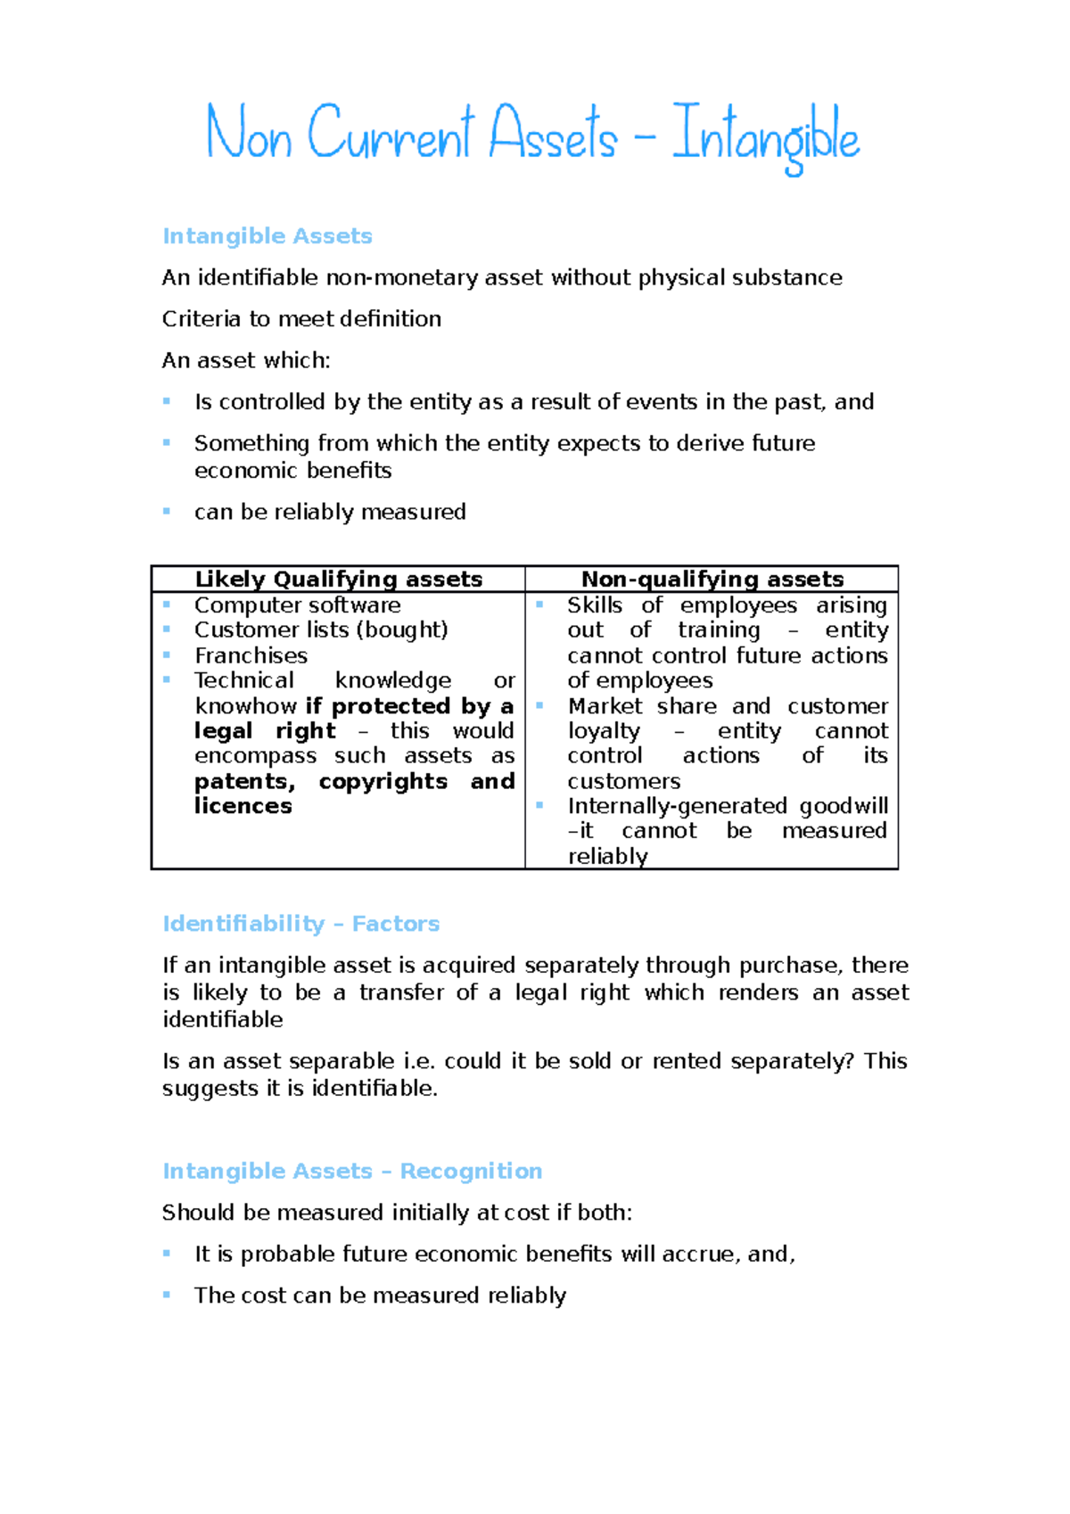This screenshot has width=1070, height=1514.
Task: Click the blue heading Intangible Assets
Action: pos(267,236)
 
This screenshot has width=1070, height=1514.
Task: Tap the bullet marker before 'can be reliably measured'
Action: pos(167,511)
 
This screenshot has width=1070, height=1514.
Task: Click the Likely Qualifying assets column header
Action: pos(338,580)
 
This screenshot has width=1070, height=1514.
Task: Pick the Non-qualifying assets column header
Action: pos(712,580)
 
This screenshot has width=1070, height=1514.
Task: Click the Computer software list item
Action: pos(297,605)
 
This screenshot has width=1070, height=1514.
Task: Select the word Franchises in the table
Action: pos(251,655)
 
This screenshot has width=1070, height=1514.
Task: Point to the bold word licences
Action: pos(243,806)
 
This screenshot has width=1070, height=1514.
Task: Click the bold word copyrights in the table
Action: pos(383,781)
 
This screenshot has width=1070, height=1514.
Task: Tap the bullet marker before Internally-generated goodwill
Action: pos(540,805)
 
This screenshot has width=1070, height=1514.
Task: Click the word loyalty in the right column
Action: pos(604,731)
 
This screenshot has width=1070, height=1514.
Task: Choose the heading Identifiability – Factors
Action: pos(300,924)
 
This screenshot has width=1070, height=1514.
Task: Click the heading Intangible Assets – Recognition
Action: pos(351,1171)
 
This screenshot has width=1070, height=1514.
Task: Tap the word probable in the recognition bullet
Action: pos(278,1255)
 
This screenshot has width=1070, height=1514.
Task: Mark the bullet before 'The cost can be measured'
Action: pos(167,1295)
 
